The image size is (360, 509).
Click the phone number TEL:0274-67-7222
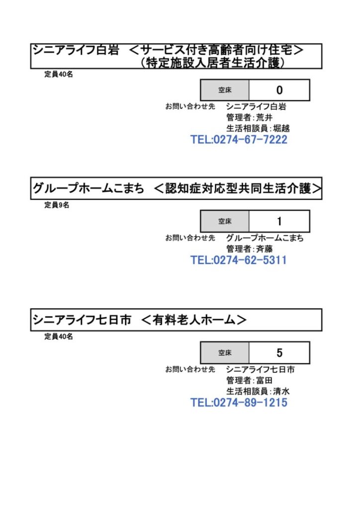tap(239, 140)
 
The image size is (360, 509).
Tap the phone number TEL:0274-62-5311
tap(238, 260)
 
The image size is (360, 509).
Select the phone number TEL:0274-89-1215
tap(239, 403)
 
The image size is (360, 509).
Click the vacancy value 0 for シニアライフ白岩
tap(279, 90)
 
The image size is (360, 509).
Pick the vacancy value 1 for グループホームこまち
tap(279, 221)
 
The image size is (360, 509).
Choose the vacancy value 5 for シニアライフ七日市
tap(279, 353)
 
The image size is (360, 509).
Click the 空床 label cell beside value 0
tap(225, 90)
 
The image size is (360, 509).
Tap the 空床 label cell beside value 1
tap(225, 221)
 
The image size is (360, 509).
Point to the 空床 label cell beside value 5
tap(225, 353)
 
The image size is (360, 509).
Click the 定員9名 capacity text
tap(57, 205)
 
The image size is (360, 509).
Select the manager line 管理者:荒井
tap(249, 117)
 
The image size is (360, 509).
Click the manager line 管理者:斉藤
tap(249, 249)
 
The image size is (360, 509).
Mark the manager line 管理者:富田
tap(249, 380)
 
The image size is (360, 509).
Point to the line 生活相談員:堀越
tap(258, 128)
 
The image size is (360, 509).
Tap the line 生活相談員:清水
tap(258, 391)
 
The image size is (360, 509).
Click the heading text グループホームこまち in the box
tap(89, 188)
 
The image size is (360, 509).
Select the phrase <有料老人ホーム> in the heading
tap(194, 320)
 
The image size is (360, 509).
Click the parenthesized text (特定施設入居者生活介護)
tap(213, 62)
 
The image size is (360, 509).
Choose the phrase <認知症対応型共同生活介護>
tap(238, 188)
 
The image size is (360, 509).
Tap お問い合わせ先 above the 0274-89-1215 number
tap(190, 369)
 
